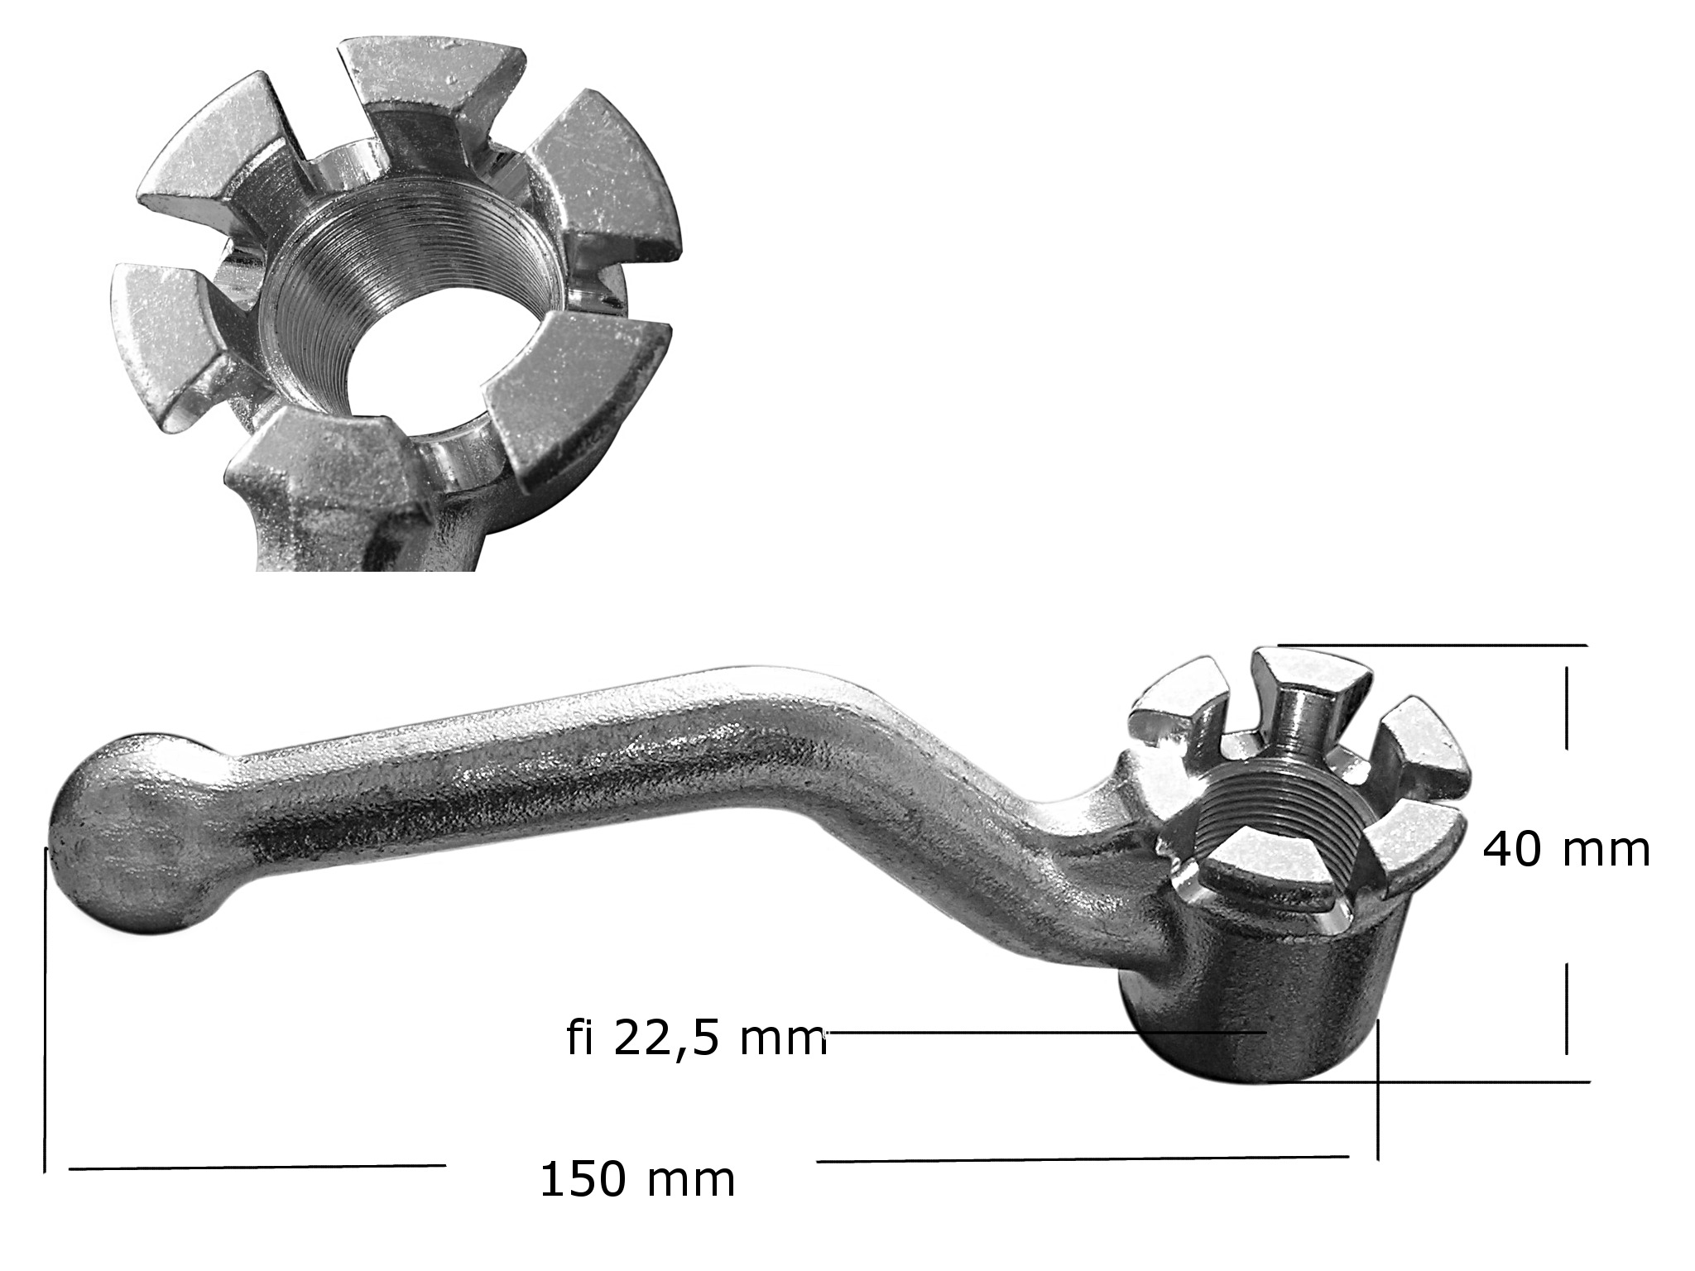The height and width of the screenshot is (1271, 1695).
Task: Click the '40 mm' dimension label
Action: point(1566,850)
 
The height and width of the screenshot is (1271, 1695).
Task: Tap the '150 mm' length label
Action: point(637,1179)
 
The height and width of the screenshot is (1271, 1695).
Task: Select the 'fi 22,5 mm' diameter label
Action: point(697,1038)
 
